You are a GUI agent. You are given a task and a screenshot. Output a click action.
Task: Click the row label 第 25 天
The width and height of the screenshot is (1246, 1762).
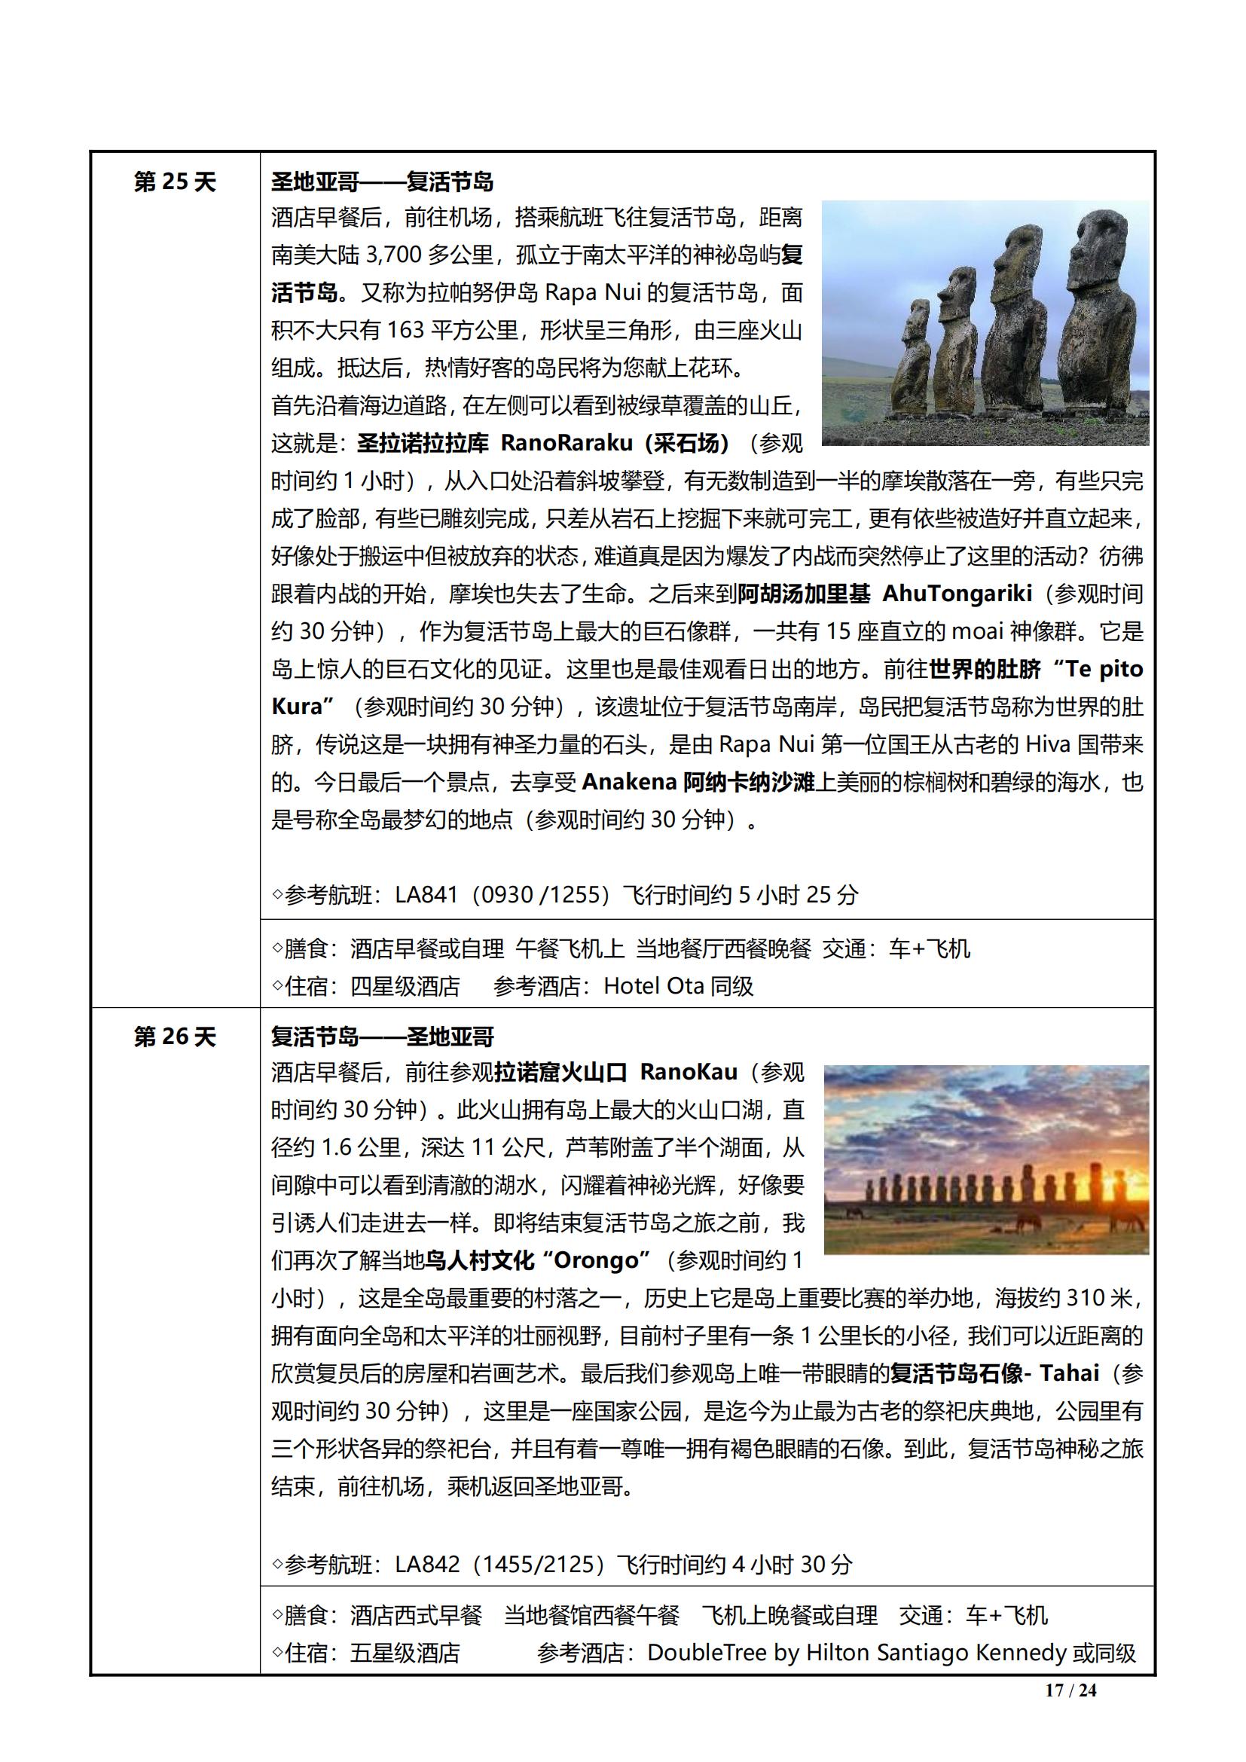pyautogui.click(x=175, y=182)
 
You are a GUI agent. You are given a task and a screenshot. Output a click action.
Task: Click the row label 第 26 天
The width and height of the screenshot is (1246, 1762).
pyautogui.click(x=175, y=1037)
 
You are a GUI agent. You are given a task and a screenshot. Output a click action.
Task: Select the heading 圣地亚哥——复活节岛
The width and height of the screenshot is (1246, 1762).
pyautogui.click(x=382, y=182)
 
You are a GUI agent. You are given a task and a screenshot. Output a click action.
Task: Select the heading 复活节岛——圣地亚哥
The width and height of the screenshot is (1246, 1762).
pyautogui.click(x=382, y=1037)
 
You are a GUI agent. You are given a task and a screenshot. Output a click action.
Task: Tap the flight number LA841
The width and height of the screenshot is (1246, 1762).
pyautogui.click(x=426, y=895)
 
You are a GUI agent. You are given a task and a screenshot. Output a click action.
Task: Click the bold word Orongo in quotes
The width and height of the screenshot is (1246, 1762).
pyautogui.click(x=600, y=1260)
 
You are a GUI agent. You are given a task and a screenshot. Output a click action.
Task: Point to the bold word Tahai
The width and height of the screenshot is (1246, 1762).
pyautogui.click(x=1070, y=1373)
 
